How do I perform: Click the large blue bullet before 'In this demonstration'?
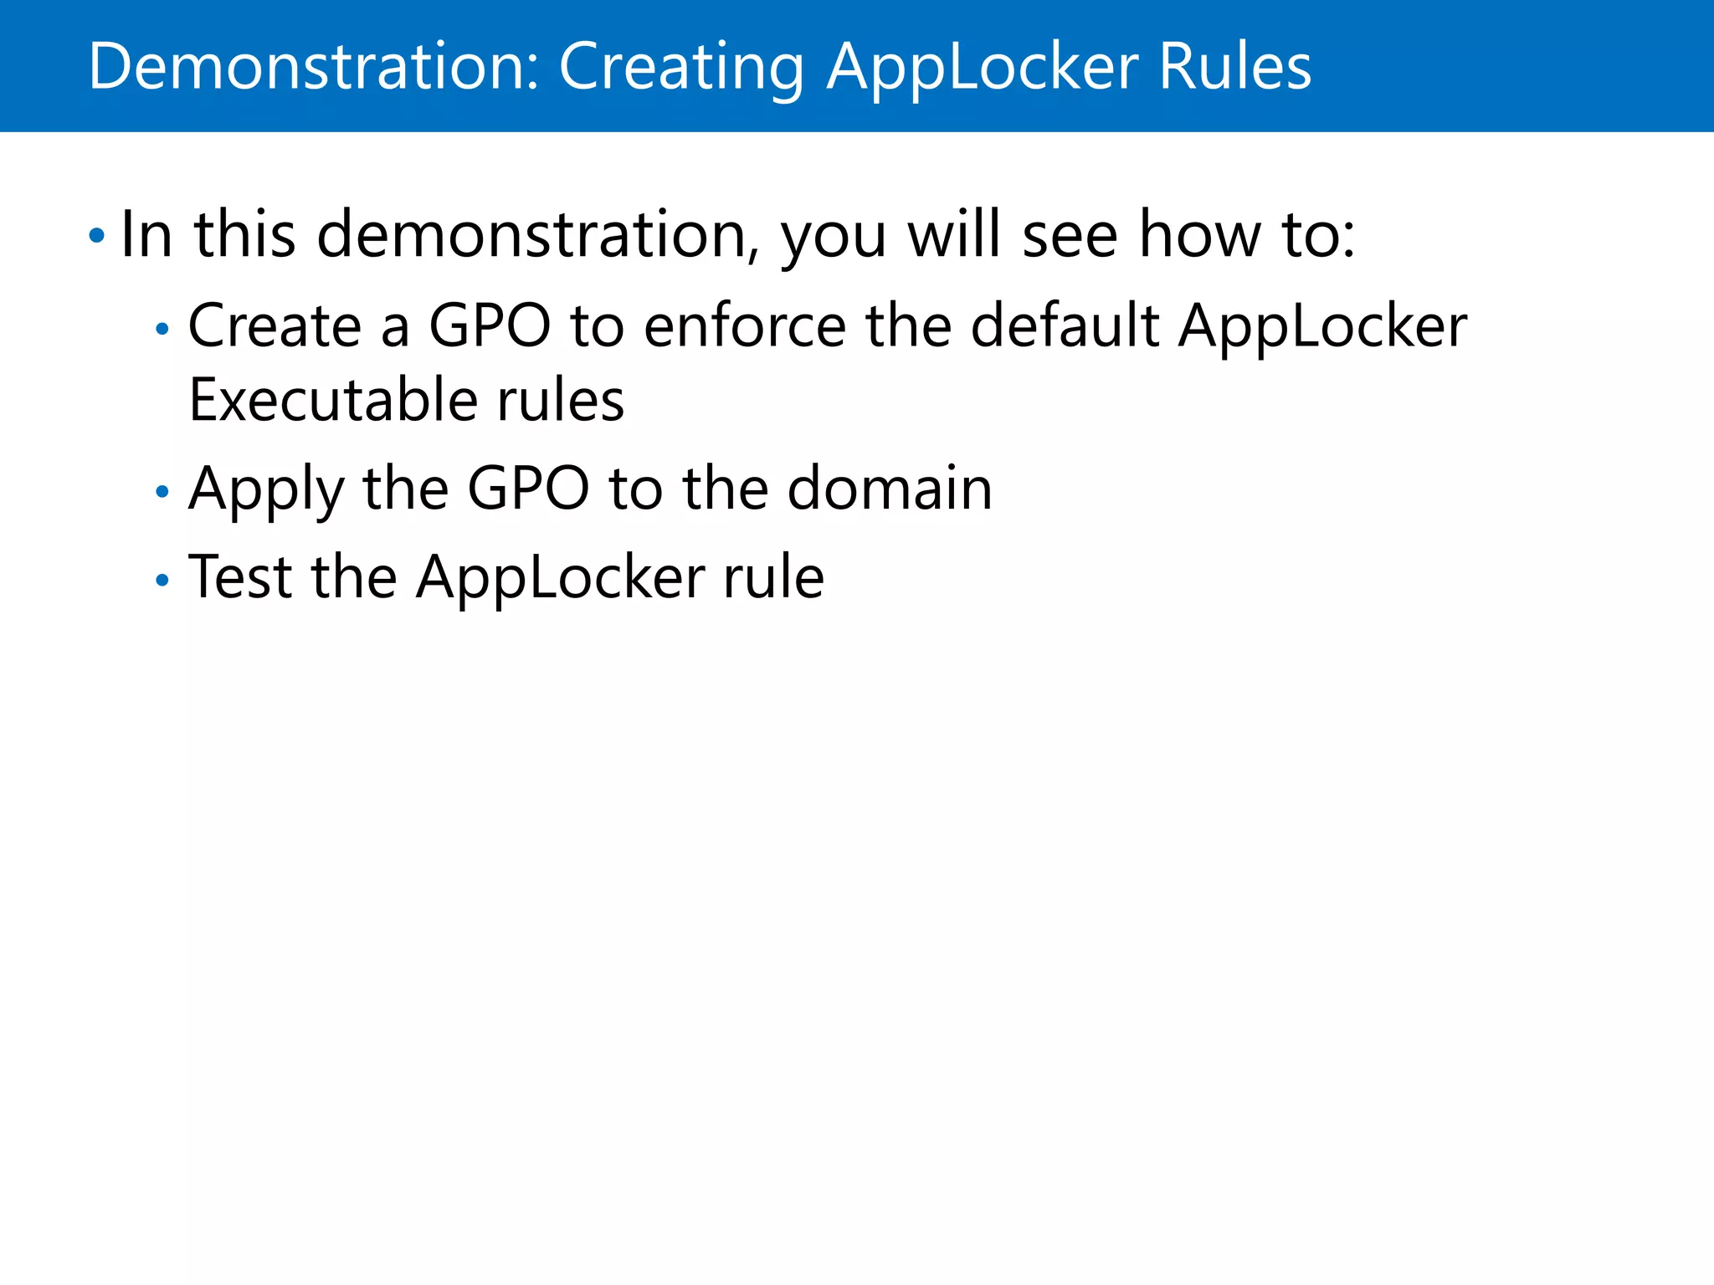pos(97,236)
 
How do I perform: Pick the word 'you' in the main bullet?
pos(833,238)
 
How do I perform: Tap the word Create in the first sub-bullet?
pos(275,325)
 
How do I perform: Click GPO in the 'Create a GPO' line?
pos(490,325)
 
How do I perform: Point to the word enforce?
pos(745,325)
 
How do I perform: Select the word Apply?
pos(266,490)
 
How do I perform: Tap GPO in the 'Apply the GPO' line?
pos(527,489)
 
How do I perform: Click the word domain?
pos(890,489)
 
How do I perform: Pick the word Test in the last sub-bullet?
pos(240,577)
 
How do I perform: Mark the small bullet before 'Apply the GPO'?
pos(162,492)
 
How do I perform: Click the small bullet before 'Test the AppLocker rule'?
pos(162,580)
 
